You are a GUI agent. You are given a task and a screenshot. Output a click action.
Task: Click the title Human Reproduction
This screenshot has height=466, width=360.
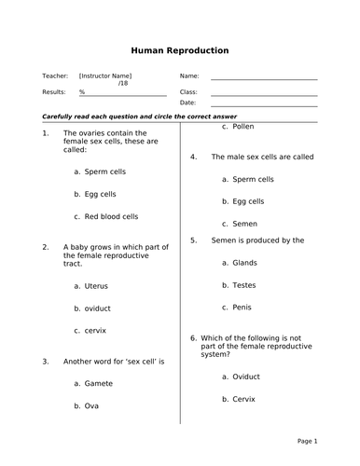(x=180, y=50)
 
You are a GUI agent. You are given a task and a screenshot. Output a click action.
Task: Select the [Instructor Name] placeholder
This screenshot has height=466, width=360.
(x=105, y=75)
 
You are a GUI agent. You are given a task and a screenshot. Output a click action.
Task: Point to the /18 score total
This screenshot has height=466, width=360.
(x=123, y=84)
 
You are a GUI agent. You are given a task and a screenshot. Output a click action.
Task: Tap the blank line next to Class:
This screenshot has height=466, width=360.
(x=264, y=94)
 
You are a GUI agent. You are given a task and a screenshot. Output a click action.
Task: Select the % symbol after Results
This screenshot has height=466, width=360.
(x=82, y=92)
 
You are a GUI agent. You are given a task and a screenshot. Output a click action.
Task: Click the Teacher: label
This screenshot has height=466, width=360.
(x=55, y=75)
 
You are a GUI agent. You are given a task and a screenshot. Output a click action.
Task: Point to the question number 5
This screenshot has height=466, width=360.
(x=193, y=240)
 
